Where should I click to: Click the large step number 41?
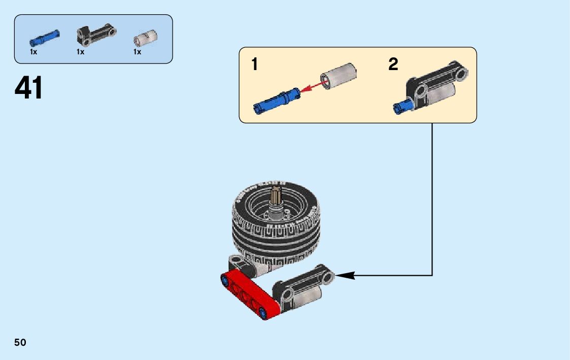tap(29, 88)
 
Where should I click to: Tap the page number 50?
tap(20, 342)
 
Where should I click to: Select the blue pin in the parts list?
tap(45, 37)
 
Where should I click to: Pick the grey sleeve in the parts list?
tap(145, 38)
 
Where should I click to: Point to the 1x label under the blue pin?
tap(33, 52)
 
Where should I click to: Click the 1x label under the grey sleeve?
tap(137, 52)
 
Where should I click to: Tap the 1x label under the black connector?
tap(80, 52)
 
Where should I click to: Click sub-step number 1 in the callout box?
tap(255, 64)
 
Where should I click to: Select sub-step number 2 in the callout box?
tap(393, 64)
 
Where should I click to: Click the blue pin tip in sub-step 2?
tap(399, 107)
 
